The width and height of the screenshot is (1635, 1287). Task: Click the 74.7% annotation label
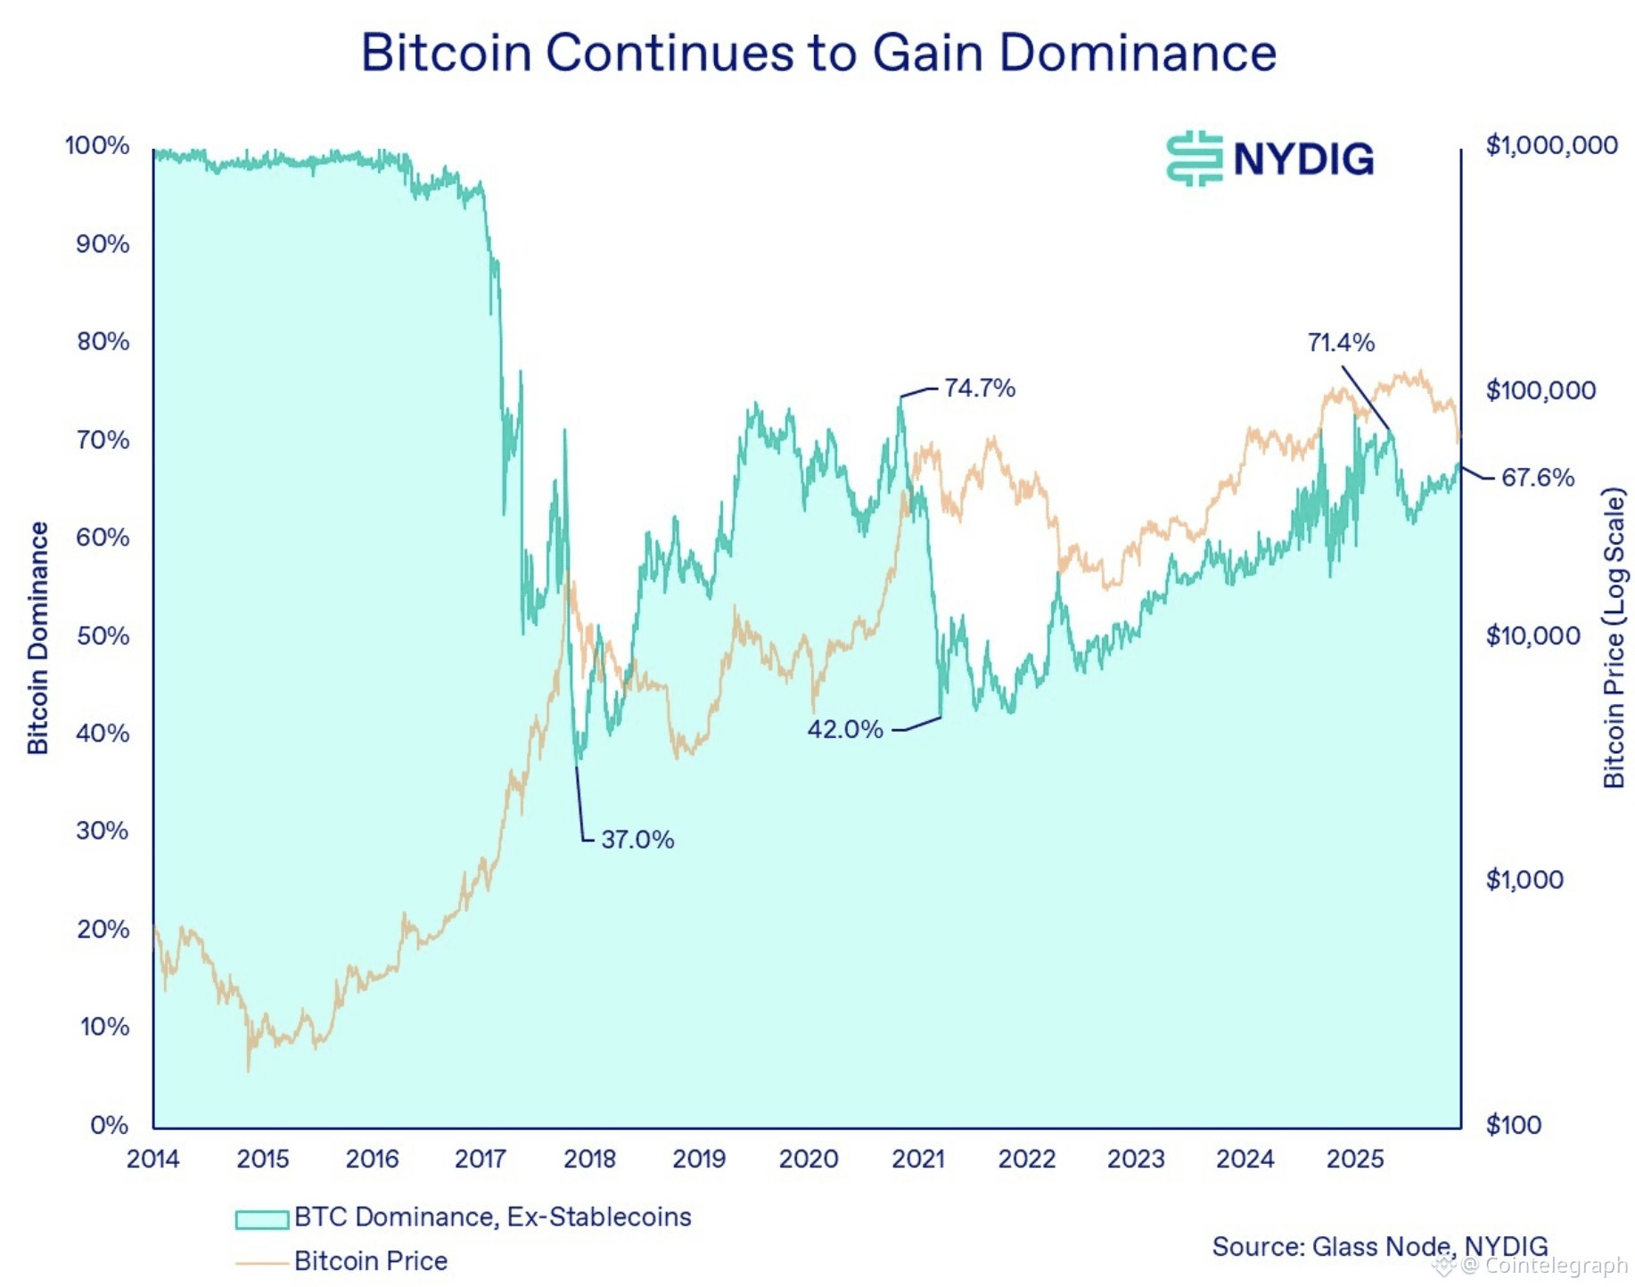tap(979, 388)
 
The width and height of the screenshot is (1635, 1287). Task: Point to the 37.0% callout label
tap(637, 840)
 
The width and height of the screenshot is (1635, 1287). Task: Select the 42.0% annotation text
tap(844, 729)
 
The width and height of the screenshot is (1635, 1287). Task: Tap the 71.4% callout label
tap(1340, 342)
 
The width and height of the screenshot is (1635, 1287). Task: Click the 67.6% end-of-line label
tap(1537, 478)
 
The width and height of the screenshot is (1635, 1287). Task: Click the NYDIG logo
tap(1269, 159)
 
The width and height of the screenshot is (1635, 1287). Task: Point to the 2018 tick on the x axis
tap(589, 1159)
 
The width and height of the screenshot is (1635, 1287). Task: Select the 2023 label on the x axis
tap(1135, 1159)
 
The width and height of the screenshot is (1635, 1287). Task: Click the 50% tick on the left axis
tap(103, 635)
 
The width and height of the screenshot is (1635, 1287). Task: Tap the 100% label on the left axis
tap(97, 145)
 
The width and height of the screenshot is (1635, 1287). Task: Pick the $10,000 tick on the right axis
tap(1532, 635)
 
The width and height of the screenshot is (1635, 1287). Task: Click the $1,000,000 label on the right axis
tap(1550, 145)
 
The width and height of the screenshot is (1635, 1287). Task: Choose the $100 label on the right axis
tap(1513, 1125)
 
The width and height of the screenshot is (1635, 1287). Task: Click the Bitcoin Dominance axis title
tap(37, 638)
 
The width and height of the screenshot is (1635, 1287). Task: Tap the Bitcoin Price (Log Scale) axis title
tap(1614, 638)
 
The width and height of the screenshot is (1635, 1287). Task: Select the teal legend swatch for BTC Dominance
tap(261, 1218)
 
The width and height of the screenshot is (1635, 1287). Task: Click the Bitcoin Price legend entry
tap(370, 1261)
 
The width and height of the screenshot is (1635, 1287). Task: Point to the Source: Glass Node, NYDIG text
tap(1379, 1246)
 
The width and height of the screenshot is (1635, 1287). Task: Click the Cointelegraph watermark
tap(1555, 1266)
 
